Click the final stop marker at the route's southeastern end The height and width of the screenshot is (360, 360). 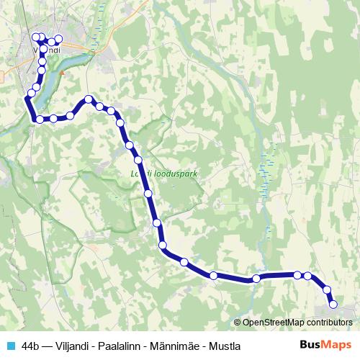[x=333, y=305]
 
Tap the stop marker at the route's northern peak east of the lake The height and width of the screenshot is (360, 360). [x=89, y=99]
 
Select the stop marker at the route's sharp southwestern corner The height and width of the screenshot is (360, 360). [x=39, y=120]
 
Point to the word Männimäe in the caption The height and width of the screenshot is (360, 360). [x=176, y=346]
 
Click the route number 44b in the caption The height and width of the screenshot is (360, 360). [x=31, y=346]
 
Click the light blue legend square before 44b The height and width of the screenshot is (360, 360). [x=10, y=346]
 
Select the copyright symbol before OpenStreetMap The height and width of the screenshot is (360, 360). [x=238, y=323]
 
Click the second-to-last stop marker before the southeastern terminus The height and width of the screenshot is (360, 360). [x=327, y=290]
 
